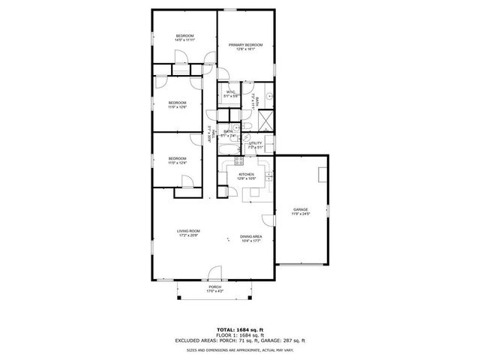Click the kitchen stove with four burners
(x=240, y=159)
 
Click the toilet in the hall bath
(x=235, y=128)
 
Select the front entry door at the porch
(x=215, y=274)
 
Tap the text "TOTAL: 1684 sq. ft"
(x=240, y=329)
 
